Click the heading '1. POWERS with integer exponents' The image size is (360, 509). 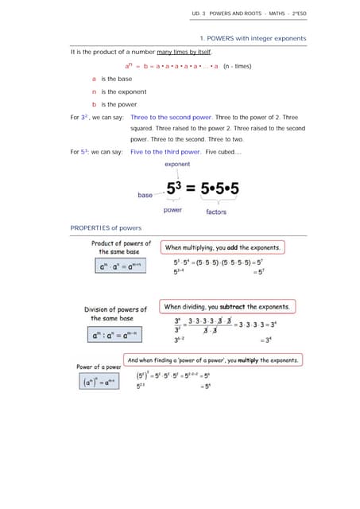pyautogui.click(x=252, y=38)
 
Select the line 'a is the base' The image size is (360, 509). pyautogui.click(x=112, y=79)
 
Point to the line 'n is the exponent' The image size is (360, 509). pyautogui.click(x=118, y=91)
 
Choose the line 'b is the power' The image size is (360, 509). pyautogui.click(x=114, y=104)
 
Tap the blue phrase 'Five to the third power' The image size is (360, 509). pyautogui.click(x=165, y=151)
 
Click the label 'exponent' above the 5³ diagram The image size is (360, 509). pyautogui.click(x=177, y=165)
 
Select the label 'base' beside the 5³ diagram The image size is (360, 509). pyautogui.click(x=145, y=195)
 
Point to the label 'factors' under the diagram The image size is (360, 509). pyautogui.click(x=216, y=212)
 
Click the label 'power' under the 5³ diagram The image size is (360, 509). pyautogui.click(x=172, y=210)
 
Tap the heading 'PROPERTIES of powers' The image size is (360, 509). pyautogui.click(x=106, y=228)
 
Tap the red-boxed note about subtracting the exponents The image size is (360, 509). pyautogui.click(x=226, y=306)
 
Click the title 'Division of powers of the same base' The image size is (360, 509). pyautogui.click(x=115, y=313)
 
